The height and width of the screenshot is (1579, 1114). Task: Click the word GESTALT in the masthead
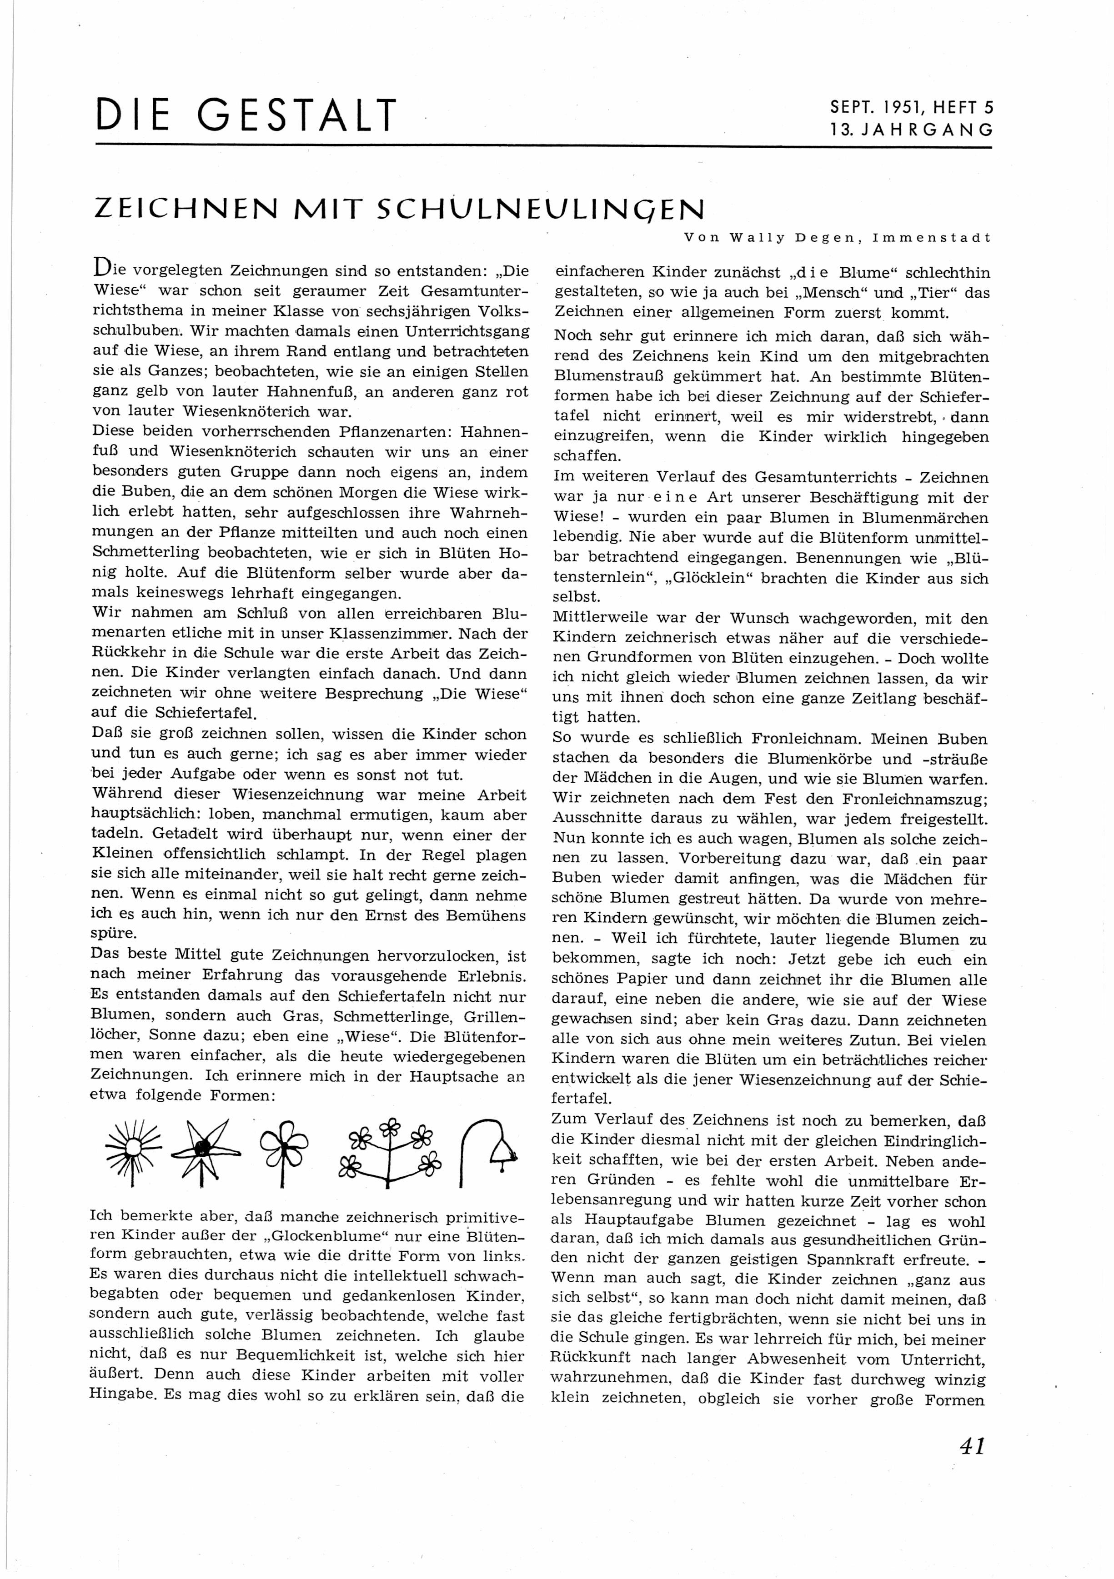pyautogui.click(x=297, y=115)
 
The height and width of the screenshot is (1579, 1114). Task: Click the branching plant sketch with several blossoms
pyautogui.click(x=390, y=1151)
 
